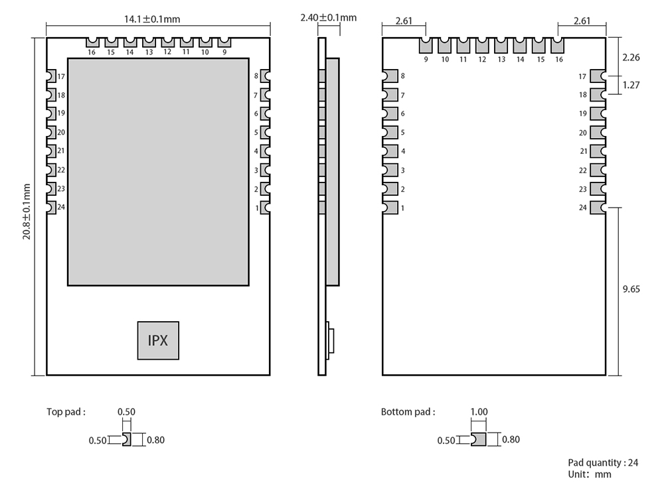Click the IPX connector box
(x=158, y=340)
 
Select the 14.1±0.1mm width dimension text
(x=158, y=18)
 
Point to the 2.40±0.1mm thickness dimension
(x=328, y=17)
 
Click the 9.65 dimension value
(x=631, y=289)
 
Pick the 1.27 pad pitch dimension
(x=631, y=85)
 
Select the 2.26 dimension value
(x=631, y=58)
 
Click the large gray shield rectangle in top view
(x=159, y=171)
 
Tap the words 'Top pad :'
(x=66, y=411)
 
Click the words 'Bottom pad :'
(x=408, y=411)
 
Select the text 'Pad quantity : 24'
(x=603, y=462)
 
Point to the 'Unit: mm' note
(x=589, y=474)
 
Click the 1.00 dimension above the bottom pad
(x=478, y=412)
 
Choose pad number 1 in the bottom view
(x=390, y=208)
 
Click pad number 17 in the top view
(x=51, y=76)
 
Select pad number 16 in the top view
(x=91, y=44)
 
